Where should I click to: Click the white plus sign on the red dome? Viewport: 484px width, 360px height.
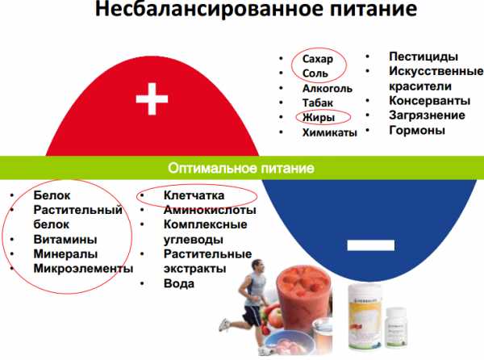coord(152,98)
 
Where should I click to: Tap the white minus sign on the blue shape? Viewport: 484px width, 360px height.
coord(371,245)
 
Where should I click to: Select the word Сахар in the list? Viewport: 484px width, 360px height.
coord(318,59)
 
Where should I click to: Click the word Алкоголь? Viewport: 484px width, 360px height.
coord(328,88)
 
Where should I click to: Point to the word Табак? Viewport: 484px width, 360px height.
coord(318,103)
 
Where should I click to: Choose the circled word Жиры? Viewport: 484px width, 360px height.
coord(319,117)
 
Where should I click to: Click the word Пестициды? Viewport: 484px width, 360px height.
coord(423,57)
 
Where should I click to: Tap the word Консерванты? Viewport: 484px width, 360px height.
coord(430,101)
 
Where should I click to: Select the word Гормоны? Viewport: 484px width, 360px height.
coord(417,130)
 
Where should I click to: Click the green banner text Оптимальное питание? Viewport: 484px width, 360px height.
coord(241,168)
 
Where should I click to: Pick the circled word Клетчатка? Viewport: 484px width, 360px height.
coord(194,195)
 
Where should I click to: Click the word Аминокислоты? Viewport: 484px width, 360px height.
coord(210,210)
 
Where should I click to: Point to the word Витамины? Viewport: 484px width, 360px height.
coord(65,239)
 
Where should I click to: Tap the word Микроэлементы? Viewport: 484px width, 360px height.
coord(83,268)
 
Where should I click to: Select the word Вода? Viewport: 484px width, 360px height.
coord(179,283)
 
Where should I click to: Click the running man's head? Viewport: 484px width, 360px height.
coord(258,266)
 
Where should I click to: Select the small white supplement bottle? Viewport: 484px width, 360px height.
coord(395,327)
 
